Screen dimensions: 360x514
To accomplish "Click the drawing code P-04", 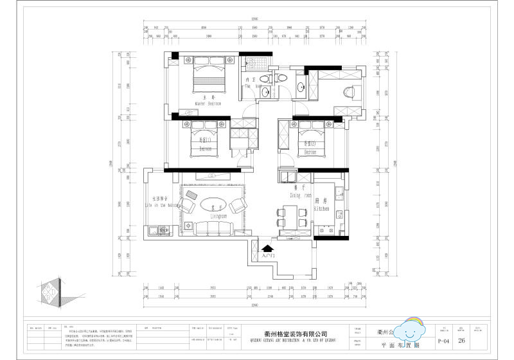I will pyautogui.click(x=443, y=341).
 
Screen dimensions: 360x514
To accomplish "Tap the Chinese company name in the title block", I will pyautogui.click(x=296, y=334).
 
